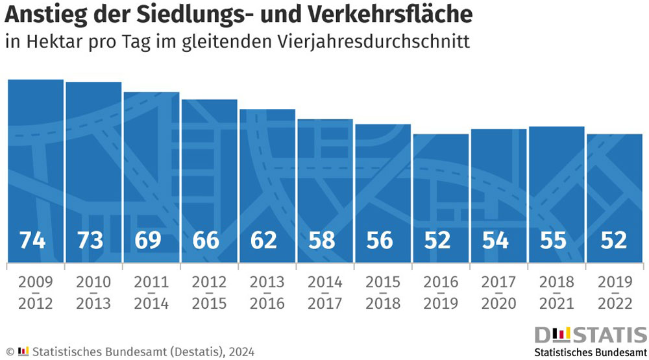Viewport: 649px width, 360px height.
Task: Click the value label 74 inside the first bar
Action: pos(32,240)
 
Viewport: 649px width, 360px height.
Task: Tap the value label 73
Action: pos(90,240)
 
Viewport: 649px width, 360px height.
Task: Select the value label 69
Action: pos(148,240)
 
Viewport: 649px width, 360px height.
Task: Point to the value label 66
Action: pos(206,240)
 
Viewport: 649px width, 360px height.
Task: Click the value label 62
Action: pos(264,240)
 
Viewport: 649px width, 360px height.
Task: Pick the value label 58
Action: pos(322,240)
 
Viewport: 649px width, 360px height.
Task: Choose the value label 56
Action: pos(380,240)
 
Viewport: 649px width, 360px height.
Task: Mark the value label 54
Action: pos(496,240)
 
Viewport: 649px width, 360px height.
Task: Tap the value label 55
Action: pos(554,240)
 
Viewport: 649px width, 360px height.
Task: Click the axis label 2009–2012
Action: pos(36,293)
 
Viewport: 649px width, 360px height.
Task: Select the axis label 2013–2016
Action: pos(267,293)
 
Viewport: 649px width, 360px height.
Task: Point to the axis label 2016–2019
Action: pos(441,293)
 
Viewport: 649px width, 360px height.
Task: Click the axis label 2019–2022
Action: pos(615,293)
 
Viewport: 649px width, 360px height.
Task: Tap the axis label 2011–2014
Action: pos(151,293)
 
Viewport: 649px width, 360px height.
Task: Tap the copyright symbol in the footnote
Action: pos(10,352)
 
